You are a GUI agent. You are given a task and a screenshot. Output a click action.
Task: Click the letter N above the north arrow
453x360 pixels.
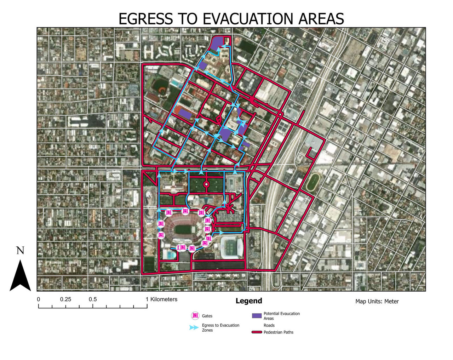(20, 251)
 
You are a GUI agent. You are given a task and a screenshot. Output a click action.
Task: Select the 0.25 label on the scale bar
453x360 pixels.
(65, 299)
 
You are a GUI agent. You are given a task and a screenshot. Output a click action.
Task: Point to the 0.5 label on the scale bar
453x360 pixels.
(93, 299)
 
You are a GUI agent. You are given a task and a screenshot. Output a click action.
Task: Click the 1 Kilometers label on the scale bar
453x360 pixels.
(161, 299)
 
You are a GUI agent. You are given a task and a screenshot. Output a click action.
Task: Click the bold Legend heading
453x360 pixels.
(249, 301)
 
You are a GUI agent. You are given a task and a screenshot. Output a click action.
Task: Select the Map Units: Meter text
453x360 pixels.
(377, 302)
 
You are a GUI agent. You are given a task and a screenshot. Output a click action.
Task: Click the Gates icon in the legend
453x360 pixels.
(195, 316)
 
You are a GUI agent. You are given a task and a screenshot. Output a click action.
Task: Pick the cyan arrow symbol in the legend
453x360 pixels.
(194, 327)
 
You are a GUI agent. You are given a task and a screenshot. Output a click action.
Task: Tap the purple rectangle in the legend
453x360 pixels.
(257, 316)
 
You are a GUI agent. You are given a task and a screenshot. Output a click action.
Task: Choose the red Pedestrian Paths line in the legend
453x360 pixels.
(257, 332)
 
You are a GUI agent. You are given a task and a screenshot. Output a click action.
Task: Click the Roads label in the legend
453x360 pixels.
(269, 325)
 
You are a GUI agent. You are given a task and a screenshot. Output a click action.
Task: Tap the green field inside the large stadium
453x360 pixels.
(183, 229)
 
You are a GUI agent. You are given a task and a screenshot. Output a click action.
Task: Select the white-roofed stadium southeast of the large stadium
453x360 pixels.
(231, 247)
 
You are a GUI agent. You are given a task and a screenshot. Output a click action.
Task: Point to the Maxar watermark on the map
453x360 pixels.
(408, 280)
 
